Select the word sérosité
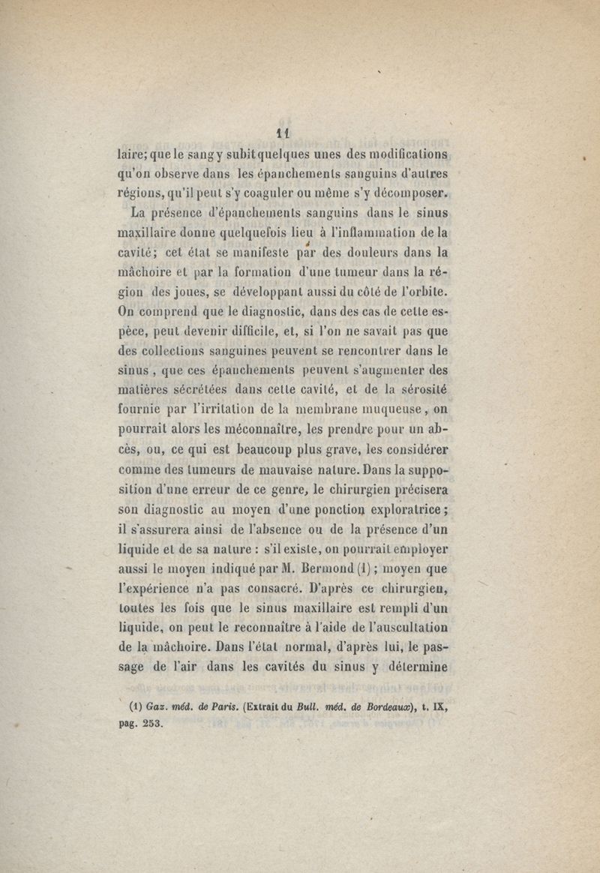pos(418,389)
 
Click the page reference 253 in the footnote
pos(151,724)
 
